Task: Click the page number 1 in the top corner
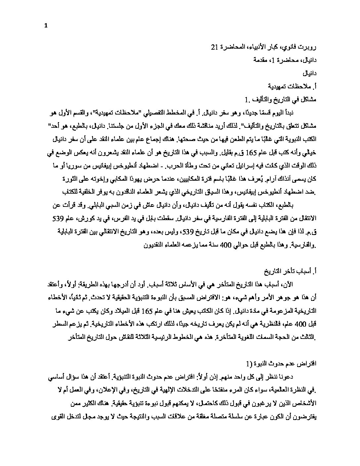pos(46,26)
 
